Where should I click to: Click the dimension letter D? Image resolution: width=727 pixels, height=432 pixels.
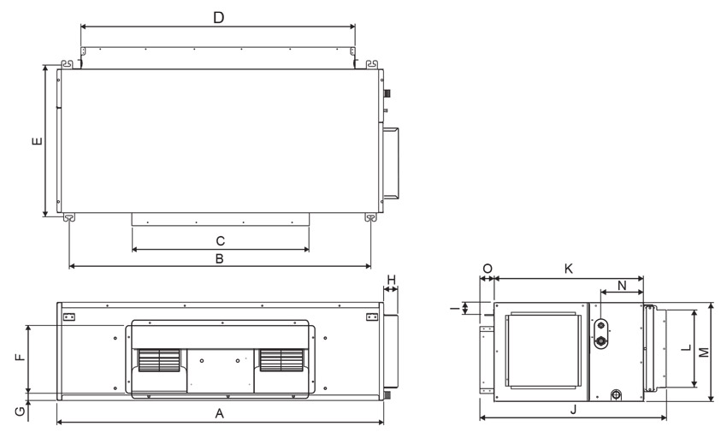218,18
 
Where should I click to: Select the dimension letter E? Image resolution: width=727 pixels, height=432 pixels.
37,141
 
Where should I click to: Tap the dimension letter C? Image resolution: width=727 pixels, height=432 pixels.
220,241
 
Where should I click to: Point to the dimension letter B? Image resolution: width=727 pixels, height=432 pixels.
220,258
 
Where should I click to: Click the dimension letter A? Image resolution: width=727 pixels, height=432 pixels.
219,413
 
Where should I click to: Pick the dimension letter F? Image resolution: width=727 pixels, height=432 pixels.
20,358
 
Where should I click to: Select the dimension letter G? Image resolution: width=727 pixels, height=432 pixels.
21,411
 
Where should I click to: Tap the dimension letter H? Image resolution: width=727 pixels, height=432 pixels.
392,280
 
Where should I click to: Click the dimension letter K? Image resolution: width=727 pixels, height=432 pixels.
569,269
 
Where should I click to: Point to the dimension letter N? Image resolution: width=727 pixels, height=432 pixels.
622,286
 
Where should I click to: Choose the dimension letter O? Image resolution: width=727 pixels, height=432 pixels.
488,269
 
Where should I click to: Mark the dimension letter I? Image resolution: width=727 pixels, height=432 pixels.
455,307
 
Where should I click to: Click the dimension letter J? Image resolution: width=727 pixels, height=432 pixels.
574,409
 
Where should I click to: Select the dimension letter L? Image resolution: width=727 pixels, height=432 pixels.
687,347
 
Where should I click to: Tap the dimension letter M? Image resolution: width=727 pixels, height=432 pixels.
704,352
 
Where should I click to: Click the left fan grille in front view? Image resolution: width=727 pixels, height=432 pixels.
159,360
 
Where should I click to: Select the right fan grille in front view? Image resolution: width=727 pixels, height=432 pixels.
281,360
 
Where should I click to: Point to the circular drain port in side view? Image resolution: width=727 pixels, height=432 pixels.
616,395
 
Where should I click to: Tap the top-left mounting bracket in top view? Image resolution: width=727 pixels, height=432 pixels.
68,63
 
